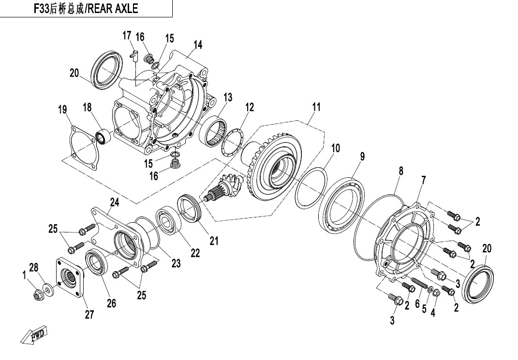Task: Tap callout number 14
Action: [197, 45]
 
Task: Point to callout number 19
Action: [62, 110]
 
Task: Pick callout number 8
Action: [400, 171]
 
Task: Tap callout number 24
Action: [114, 202]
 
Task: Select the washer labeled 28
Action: [48, 289]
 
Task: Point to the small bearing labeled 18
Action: [103, 137]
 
